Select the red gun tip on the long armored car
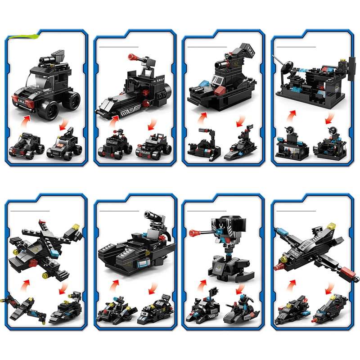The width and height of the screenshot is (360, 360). coord(131,57)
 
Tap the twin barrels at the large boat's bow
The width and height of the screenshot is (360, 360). coord(196,88)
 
